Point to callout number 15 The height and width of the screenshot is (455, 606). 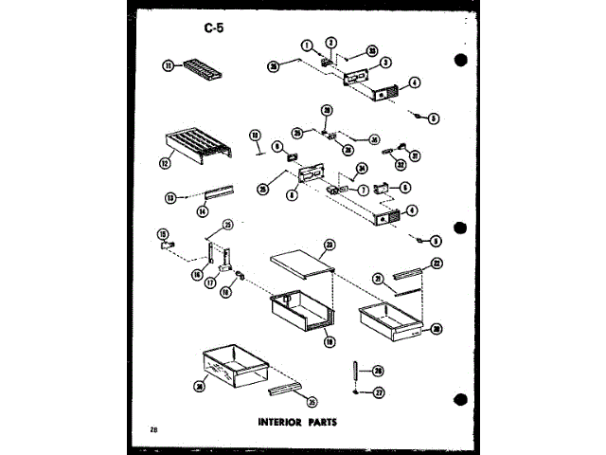162,233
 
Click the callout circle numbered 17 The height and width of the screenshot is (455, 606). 210,282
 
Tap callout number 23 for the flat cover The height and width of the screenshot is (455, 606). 329,245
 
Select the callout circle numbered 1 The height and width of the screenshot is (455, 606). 308,44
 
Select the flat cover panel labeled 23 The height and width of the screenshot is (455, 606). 301,264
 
